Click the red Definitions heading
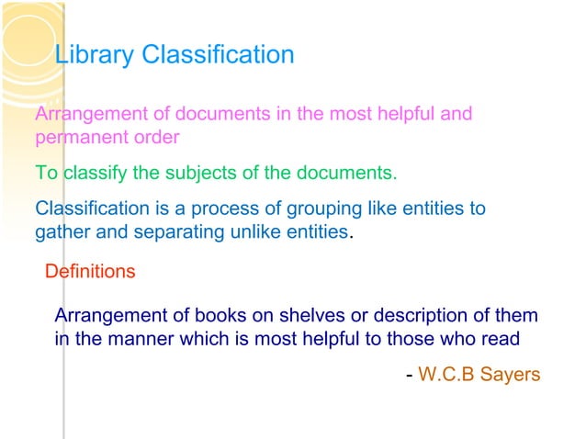pos(90,272)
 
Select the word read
pos(501,338)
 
